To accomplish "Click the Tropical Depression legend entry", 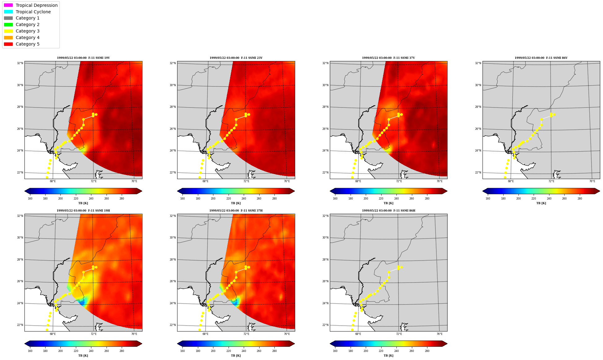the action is coord(31,5).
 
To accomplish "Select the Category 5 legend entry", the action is coord(22,44).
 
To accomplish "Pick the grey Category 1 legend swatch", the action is coord(8,18).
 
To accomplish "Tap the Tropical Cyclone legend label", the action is coord(33,12).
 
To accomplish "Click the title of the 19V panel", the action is coord(83,58).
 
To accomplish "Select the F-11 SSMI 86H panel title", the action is coord(389,211).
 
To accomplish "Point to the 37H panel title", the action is coord(236,211).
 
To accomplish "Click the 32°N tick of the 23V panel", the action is coord(173,63).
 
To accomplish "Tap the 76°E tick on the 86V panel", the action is coord(592,181).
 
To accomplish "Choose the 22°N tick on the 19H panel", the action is coord(20,325).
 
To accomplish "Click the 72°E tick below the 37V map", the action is coord(399,181).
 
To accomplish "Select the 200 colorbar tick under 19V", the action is coord(60,199).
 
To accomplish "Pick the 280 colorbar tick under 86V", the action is coord(580,199).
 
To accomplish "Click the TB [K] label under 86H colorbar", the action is coord(389,356).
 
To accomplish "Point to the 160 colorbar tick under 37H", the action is coord(182,351).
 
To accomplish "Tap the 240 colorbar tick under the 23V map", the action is coord(244,199).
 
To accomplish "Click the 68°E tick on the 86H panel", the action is coord(358,334).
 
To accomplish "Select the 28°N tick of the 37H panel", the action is coord(173,260).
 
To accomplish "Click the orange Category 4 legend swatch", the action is coord(8,37).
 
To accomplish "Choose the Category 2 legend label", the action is coord(28,24).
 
